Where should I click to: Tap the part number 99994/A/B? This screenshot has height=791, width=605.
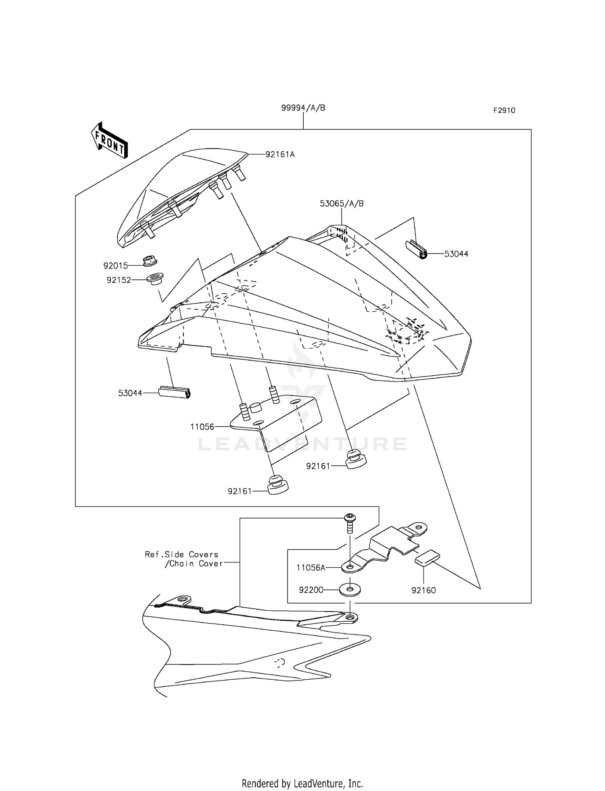pos(303,108)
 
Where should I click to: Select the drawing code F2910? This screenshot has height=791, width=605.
pos(504,110)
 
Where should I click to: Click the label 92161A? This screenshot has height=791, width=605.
pos(280,154)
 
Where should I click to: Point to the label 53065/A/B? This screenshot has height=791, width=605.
pos(342,204)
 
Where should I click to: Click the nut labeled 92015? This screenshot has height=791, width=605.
pos(150,261)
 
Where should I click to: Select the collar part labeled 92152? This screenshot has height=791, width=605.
pos(155,279)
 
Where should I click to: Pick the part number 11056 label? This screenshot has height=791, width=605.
pos(202,427)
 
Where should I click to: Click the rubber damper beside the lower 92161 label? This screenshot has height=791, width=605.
pos(277,485)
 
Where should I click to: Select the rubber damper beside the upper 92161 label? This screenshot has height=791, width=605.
pos(356,459)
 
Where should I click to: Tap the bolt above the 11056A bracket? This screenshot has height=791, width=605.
pos(349,523)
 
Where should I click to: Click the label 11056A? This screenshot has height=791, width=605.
pos(311,568)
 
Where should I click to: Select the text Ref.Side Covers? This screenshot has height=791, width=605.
pos(181,555)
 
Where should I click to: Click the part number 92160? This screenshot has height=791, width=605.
pos(423,590)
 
